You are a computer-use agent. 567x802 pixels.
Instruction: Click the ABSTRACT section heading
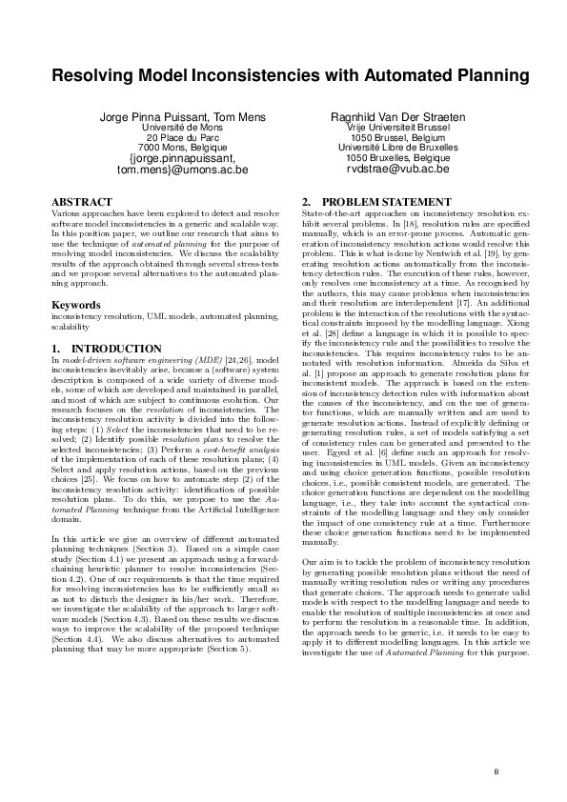(81, 203)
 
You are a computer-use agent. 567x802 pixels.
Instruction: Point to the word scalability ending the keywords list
(70, 326)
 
